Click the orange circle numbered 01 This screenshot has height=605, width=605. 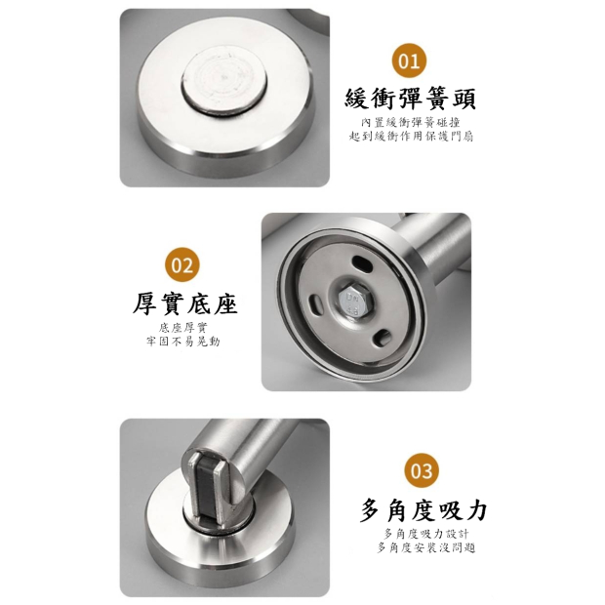coord(410,60)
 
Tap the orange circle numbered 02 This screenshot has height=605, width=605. coord(182,265)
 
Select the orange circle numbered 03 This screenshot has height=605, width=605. coord(422,470)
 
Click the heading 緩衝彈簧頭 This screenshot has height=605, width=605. coord(410,100)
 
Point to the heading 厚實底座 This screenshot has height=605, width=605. coord(184,304)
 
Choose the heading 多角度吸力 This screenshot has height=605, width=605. coord(423,510)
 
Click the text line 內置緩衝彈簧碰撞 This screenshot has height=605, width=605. coord(411,123)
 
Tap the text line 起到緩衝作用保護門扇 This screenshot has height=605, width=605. coord(411,137)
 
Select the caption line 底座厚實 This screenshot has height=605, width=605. coord(182,328)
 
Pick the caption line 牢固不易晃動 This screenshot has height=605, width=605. coord(182,342)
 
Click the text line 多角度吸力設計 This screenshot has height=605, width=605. coord(426,534)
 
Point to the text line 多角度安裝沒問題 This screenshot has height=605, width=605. coord(426,547)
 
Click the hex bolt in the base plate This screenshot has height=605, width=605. coord(352,302)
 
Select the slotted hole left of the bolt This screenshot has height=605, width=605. coord(315,302)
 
